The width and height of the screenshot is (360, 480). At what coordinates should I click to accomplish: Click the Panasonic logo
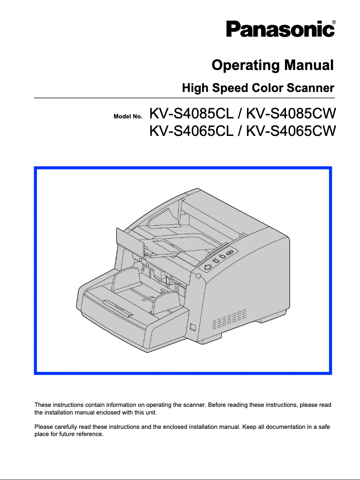pyautogui.click(x=280, y=29)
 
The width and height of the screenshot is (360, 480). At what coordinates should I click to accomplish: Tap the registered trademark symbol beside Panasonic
pyautogui.click(x=334, y=22)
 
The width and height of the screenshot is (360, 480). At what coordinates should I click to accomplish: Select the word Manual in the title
pyautogui.click(x=309, y=65)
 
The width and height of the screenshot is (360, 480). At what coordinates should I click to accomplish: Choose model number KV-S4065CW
pyautogui.click(x=291, y=131)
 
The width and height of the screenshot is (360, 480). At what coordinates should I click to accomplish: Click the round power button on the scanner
pyautogui.click(x=207, y=267)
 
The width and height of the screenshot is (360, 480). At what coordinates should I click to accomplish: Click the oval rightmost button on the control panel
pyautogui.click(x=230, y=253)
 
